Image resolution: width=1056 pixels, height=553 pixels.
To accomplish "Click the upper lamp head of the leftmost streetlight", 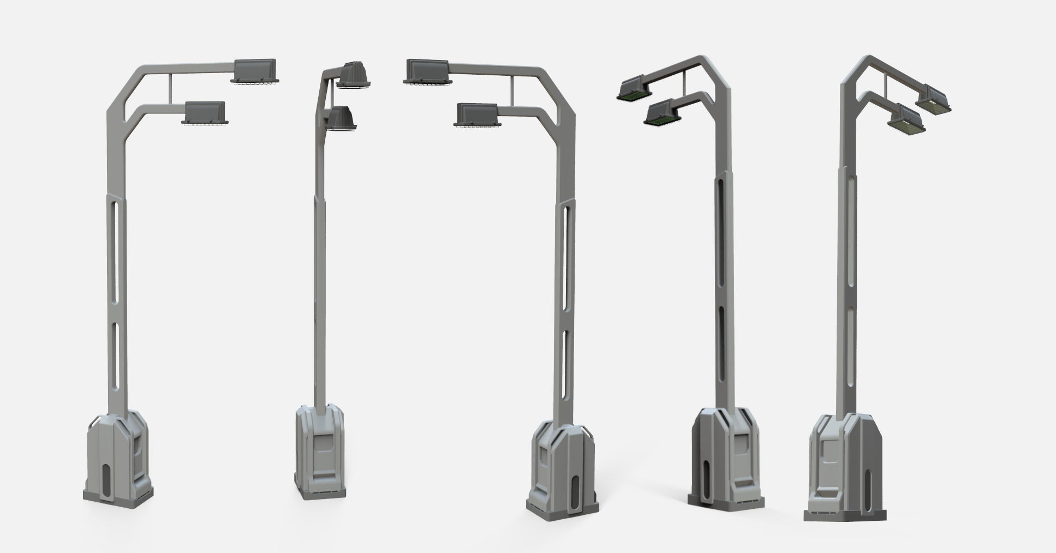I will coord(255,70).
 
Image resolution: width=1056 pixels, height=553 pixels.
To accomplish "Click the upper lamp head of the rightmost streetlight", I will coord(934,101).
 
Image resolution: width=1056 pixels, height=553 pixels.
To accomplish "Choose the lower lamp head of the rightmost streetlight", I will coord(907,122).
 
